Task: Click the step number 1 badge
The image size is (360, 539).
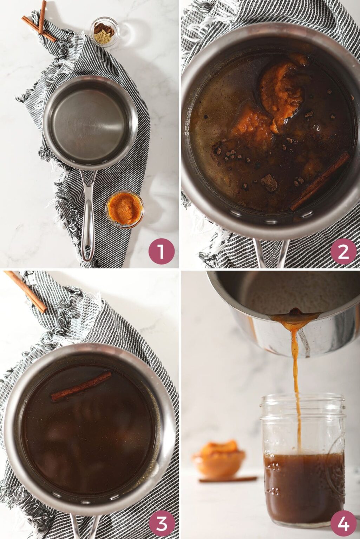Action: click(x=161, y=251)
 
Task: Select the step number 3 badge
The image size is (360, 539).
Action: click(x=161, y=524)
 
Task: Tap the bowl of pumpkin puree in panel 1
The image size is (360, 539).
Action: click(x=125, y=209)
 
